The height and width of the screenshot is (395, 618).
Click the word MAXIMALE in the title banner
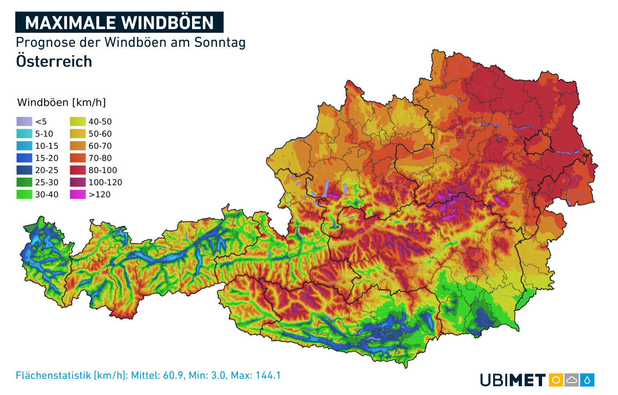tap(71, 23)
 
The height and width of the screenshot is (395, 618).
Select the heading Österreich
tap(54, 61)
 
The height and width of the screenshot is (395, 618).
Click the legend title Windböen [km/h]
tap(61, 102)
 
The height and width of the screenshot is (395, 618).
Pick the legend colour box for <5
tap(24, 121)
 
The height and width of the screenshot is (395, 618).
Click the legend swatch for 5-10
tap(24, 134)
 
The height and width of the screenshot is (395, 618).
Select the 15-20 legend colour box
tap(24, 158)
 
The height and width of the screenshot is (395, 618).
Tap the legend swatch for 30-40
tap(24, 194)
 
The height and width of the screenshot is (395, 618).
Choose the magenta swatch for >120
tap(78, 194)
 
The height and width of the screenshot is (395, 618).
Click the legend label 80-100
tap(102, 170)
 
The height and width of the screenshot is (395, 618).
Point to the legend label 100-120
tap(105, 182)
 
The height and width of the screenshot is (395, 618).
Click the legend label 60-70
tap(100, 146)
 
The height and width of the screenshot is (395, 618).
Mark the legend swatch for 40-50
tap(78, 121)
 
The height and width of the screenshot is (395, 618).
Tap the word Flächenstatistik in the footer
tap(53, 376)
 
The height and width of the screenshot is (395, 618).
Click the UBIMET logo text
tap(512, 380)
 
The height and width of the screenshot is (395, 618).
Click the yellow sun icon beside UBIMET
tap(556, 380)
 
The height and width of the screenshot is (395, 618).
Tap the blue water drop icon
tap(587, 380)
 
